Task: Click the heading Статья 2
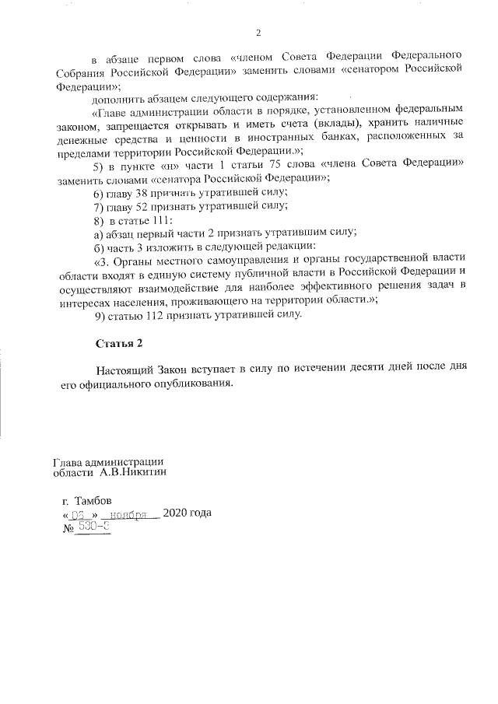click(x=120, y=343)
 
